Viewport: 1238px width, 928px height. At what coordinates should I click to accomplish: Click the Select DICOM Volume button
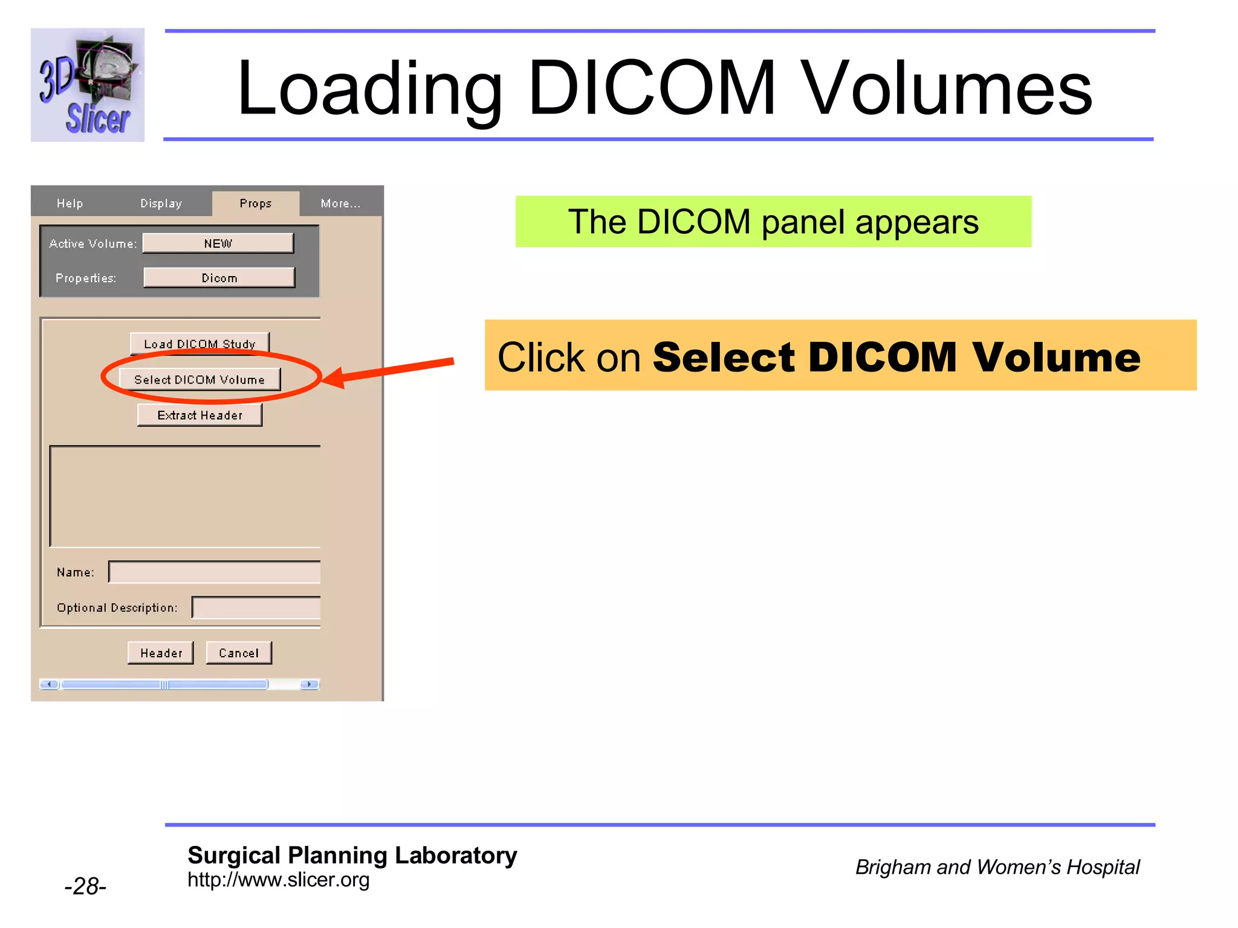199,379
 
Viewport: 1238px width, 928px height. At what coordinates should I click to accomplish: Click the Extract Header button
199,415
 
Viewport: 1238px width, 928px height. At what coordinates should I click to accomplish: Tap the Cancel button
239,653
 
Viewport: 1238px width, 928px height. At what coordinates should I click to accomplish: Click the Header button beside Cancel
161,653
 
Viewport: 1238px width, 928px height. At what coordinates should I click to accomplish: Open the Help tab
70,204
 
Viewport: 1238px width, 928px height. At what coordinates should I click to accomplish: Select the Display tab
161,204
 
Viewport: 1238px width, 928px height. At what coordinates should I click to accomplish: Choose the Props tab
256,204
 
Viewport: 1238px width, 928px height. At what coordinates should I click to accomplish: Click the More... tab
340,204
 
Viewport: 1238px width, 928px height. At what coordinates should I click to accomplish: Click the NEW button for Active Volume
218,243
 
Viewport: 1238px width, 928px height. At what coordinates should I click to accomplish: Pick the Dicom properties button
219,278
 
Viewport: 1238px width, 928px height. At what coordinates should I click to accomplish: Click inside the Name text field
215,572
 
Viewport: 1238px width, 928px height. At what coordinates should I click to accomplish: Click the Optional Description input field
256,608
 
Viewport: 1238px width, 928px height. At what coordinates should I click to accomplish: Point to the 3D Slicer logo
88,85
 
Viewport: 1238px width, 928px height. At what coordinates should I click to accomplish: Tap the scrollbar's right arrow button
309,685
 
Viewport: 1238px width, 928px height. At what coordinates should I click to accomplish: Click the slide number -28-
85,886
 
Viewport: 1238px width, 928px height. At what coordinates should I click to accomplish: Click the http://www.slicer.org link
278,880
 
